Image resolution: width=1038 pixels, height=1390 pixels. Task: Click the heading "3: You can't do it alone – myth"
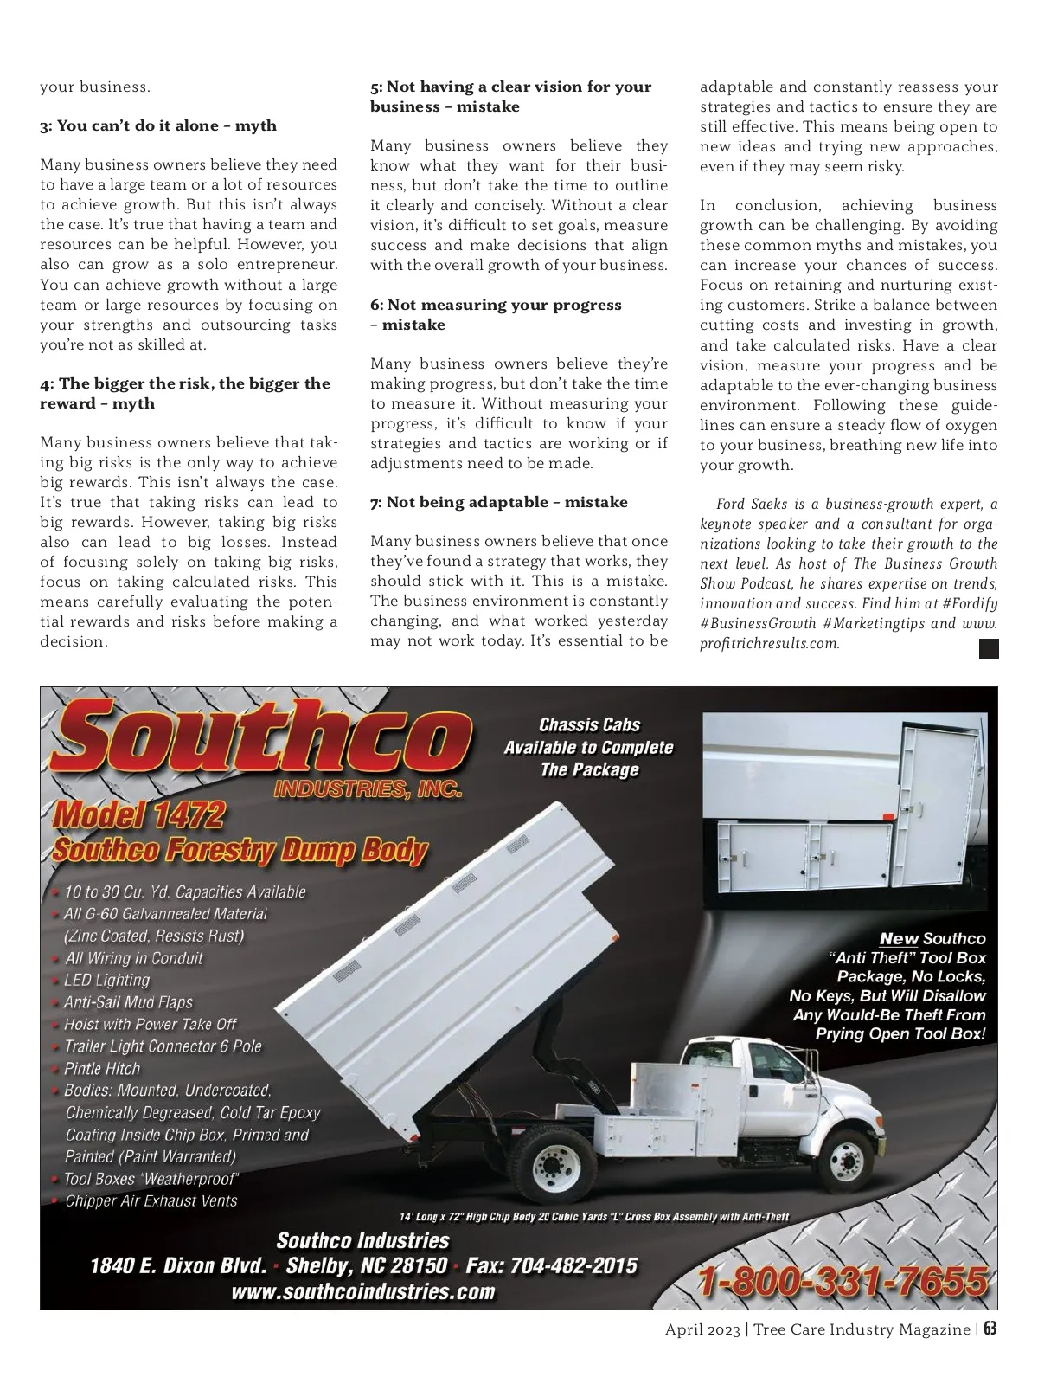[158, 125]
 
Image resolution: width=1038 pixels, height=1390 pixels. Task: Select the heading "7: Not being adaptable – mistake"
[498, 502]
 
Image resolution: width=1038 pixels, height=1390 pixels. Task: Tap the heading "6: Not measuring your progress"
[496, 305]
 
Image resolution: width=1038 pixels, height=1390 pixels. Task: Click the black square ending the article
[989, 648]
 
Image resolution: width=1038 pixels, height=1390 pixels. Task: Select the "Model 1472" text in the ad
[139, 814]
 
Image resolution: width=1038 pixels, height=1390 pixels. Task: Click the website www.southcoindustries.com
[363, 1292]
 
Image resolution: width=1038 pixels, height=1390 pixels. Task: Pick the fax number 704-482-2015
[574, 1266]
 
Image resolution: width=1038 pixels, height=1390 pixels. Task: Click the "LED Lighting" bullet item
[106, 981]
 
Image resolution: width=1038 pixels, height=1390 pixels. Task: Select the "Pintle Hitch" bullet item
[102, 1069]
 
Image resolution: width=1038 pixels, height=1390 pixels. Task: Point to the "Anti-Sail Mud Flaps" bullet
[128, 1002]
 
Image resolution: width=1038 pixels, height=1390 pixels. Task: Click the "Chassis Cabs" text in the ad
[589, 725]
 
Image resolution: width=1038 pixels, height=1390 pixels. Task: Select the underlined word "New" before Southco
[899, 939]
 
